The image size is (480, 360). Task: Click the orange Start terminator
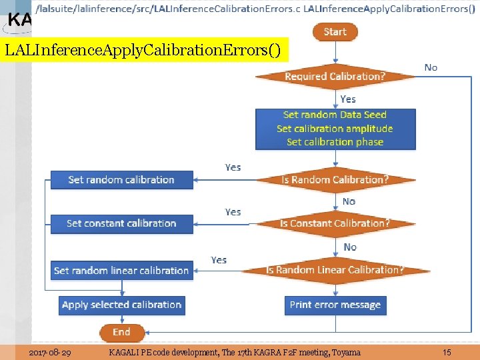coord(335,31)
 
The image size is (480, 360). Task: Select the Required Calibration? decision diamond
coord(335,76)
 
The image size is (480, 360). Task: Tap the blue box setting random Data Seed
coord(335,129)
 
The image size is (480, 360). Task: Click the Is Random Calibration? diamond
coord(335,179)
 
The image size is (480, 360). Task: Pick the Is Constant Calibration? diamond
coord(335,223)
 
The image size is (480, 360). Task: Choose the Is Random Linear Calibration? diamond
coord(335,270)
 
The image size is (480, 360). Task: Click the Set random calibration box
coord(121,179)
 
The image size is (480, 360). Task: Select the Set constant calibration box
coord(121,223)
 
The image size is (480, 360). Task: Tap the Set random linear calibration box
coord(121,271)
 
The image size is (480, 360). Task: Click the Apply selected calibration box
coord(121,305)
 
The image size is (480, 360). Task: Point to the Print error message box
coord(335,305)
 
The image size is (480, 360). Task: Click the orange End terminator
coord(121,332)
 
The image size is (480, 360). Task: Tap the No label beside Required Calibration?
coord(431,67)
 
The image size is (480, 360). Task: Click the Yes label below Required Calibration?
coord(348,99)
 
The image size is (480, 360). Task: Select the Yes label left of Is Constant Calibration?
coord(233,212)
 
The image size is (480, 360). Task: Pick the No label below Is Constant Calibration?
coord(350,247)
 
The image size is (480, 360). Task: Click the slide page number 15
coord(447,352)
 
